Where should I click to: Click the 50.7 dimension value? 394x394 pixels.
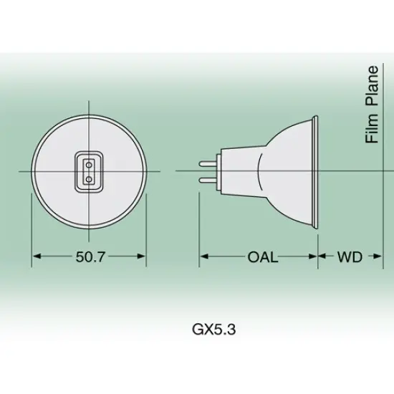(90, 256)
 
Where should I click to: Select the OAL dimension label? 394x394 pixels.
(262, 256)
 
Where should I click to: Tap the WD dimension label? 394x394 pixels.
(349, 256)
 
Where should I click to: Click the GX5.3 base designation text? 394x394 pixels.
(214, 330)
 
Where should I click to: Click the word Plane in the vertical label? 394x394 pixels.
(372, 86)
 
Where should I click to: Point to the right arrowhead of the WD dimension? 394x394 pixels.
(379, 256)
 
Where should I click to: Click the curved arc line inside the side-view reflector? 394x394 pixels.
(266, 170)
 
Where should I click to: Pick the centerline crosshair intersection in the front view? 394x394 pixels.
(90, 170)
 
